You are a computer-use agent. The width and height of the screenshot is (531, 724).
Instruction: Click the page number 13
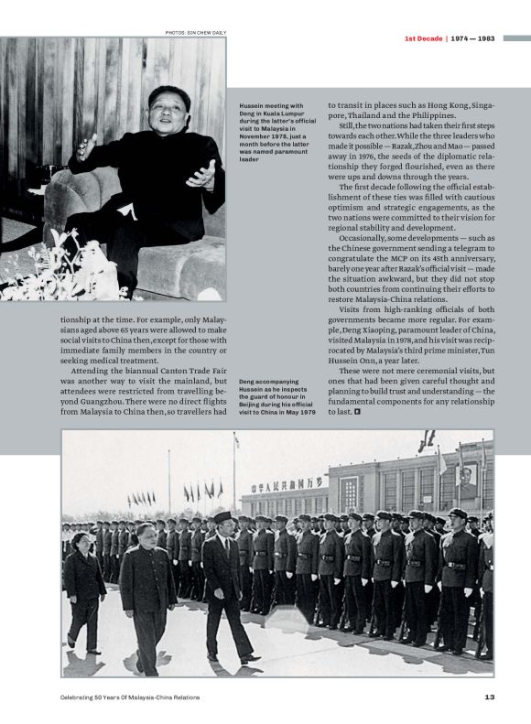[490, 697]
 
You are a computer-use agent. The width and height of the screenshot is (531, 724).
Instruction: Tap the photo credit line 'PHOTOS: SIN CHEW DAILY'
[195, 33]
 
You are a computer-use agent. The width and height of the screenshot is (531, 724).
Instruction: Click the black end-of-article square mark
[358, 412]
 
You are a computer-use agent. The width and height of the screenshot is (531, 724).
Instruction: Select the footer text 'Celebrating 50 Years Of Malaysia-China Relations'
[130, 697]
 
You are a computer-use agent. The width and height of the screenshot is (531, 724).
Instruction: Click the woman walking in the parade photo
[84, 586]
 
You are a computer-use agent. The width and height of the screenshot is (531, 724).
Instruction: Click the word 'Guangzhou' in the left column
[92, 401]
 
